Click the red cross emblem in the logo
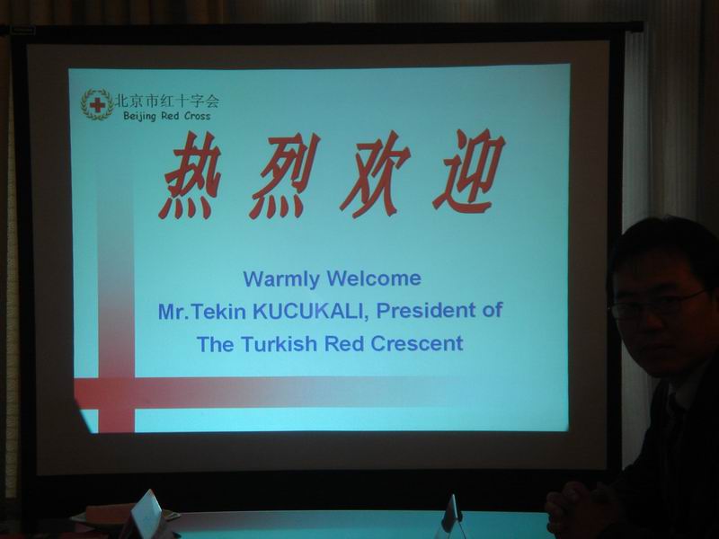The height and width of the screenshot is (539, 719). click(97, 105)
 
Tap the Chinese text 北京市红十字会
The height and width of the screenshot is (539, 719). click(167, 101)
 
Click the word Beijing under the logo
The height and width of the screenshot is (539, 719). click(139, 116)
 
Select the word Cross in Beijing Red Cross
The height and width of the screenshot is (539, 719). click(197, 116)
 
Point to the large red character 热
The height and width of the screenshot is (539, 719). click(190, 175)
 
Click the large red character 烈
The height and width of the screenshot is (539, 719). click(283, 176)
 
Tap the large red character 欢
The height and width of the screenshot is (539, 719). click(375, 174)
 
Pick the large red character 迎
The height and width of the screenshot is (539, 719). click(468, 172)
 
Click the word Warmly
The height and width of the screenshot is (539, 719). click(281, 279)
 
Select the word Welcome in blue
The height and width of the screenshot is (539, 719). click(374, 278)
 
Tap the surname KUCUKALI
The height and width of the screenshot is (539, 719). click(311, 311)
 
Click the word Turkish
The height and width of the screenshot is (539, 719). click(279, 344)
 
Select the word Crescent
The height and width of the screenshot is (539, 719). click(417, 344)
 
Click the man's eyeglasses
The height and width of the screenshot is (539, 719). click(657, 305)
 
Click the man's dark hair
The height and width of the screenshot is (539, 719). click(665, 248)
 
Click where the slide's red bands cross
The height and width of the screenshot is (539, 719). click(117, 393)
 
